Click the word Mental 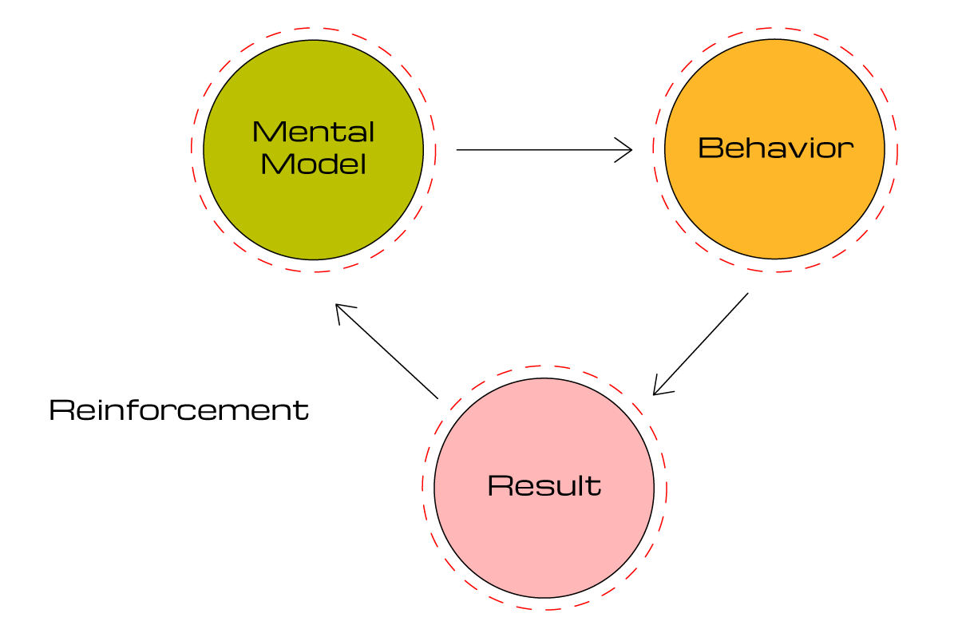pos(313,132)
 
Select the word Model pos(313,164)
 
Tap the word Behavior pos(775,148)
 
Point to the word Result pos(544,486)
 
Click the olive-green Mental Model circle pos(313,216)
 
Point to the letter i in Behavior pos(813,148)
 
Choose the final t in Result pos(595,486)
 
